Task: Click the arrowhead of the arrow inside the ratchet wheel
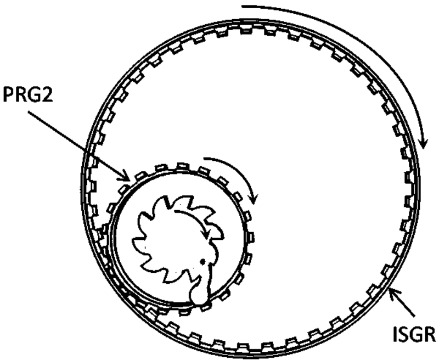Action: (206, 236)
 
